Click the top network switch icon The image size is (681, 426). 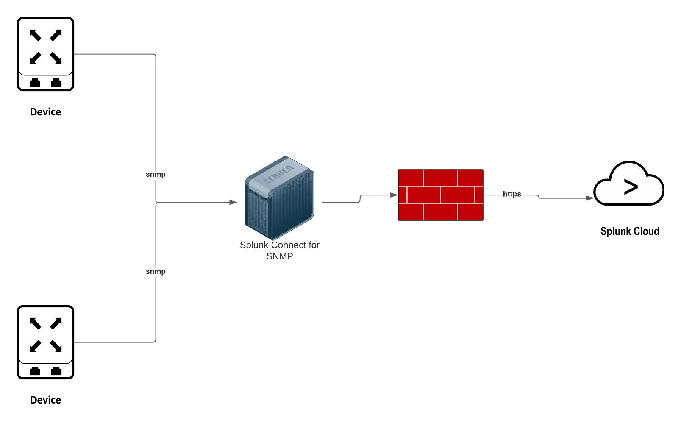[x=45, y=53]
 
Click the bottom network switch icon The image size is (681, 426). [x=45, y=342]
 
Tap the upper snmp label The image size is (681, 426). [x=156, y=174]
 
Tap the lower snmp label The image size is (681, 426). [x=156, y=271]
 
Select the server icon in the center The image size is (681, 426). [x=279, y=198]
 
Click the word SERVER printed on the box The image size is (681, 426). [x=278, y=174]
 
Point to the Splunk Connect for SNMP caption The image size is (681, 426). [x=279, y=251]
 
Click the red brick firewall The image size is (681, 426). [x=440, y=195]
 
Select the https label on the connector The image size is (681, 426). [x=512, y=194]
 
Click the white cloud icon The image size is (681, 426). [x=629, y=185]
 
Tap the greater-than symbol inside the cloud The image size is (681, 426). [x=631, y=187]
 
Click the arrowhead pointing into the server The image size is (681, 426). [x=233, y=203]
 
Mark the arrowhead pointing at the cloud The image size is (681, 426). [x=590, y=198]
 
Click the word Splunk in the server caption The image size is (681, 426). [x=254, y=245]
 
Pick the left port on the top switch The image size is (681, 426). [x=35, y=83]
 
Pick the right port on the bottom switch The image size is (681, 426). [x=56, y=371]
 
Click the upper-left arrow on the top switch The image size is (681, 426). [x=35, y=35]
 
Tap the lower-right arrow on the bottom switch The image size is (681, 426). [x=56, y=346]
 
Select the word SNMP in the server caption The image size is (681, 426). [x=279, y=256]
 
